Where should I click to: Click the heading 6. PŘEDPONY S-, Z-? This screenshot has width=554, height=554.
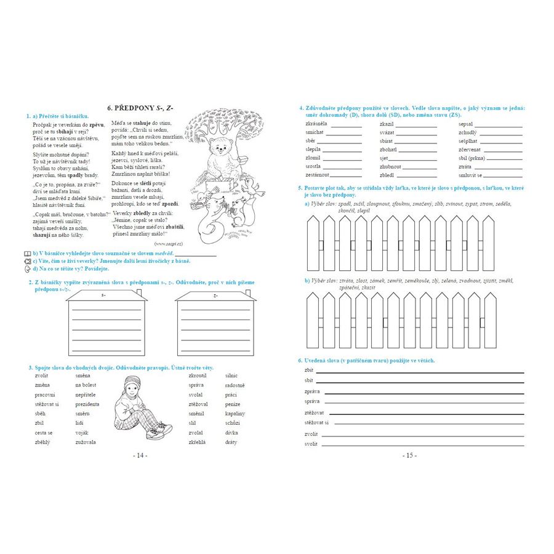pyautogui.click(x=140, y=108)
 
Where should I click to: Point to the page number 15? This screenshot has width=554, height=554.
pyautogui.click(x=409, y=456)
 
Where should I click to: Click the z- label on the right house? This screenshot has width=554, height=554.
pyautogui.click(x=215, y=297)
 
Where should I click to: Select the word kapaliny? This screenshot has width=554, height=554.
pyautogui.click(x=235, y=413)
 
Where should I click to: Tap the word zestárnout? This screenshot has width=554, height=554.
pyautogui.click(x=316, y=175)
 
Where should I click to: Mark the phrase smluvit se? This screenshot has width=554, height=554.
pyautogui.click(x=471, y=175)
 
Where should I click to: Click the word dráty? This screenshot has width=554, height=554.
pyautogui.click(x=231, y=442)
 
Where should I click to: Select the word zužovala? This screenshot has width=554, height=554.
pyautogui.click(x=86, y=442)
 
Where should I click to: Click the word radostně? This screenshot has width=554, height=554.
pyautogui.click(x=235, y=385)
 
